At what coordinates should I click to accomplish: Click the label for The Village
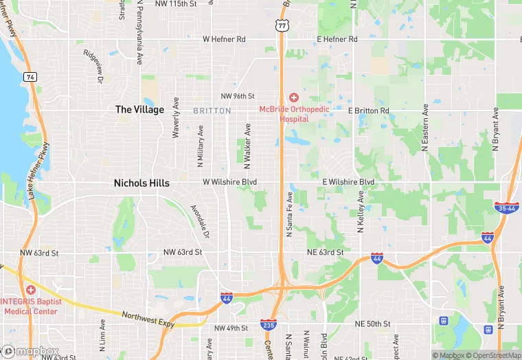click(139, 109)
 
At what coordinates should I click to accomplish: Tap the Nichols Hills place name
click(141, 183)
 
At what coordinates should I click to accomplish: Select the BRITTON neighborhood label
click(212, 111)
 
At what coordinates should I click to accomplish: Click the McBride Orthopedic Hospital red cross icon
click(293, 98)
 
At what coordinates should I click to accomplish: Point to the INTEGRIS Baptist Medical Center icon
click(30, 289)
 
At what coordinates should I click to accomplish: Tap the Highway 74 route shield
click(30, 77)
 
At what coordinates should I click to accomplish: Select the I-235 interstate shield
click(269, 324)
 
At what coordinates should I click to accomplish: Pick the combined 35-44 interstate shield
click(506, 207)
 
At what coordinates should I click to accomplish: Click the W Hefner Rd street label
click(224, 39)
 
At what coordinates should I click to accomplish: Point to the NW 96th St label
click(238, 95)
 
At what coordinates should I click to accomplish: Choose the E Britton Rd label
click(368, 110)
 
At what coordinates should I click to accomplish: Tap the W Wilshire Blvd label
click(229, 182)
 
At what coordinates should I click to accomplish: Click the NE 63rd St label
click(325, 252)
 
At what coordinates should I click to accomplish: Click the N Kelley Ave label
click(360, 210)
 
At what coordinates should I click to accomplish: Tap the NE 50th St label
click(372, 324)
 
